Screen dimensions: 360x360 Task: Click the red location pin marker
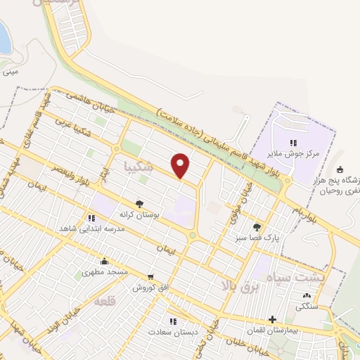[x=181, y=165]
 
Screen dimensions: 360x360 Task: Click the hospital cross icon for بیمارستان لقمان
[x=271, y=319]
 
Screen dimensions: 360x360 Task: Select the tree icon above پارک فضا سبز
[x=257, y=227]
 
